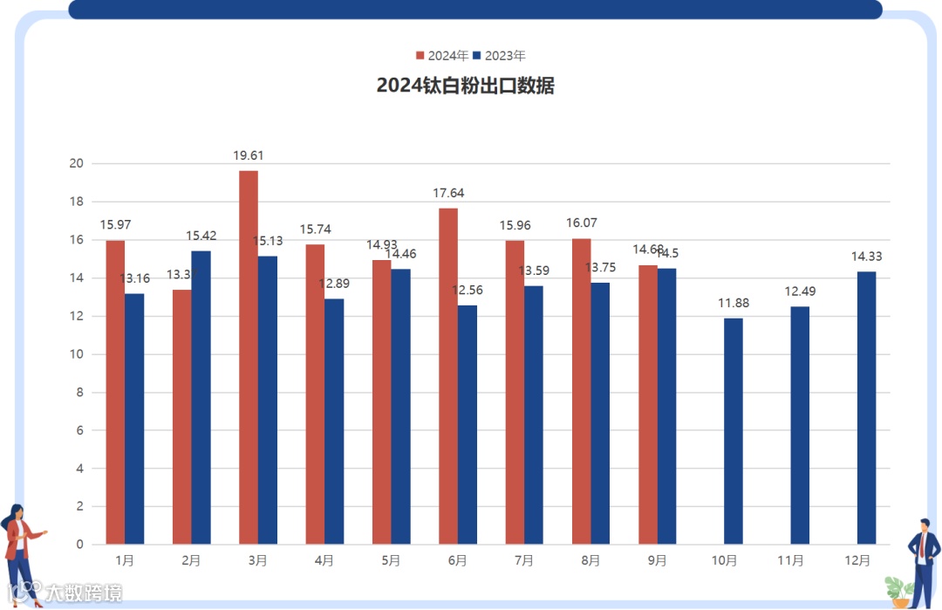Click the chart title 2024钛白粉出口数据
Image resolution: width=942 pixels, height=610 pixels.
coord(465,86)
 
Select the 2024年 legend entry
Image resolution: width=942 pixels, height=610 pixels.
coord(442,56)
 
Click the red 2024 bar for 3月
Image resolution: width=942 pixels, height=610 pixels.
coord(249,358)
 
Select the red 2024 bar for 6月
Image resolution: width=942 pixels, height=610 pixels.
coord(448,376)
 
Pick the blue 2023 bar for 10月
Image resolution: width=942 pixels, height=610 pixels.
coord(734,431)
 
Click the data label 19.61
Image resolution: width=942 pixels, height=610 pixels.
coord(249,155)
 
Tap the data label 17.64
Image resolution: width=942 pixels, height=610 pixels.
coord(448,193)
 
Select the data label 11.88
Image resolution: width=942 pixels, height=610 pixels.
coord(734,304)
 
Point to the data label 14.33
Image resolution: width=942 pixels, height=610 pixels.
coord(867,257)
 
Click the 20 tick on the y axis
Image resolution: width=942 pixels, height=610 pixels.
coord(77,163)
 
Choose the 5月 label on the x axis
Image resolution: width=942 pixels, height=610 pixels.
coord(391,560)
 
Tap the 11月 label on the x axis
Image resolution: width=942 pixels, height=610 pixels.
coord(790,560)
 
